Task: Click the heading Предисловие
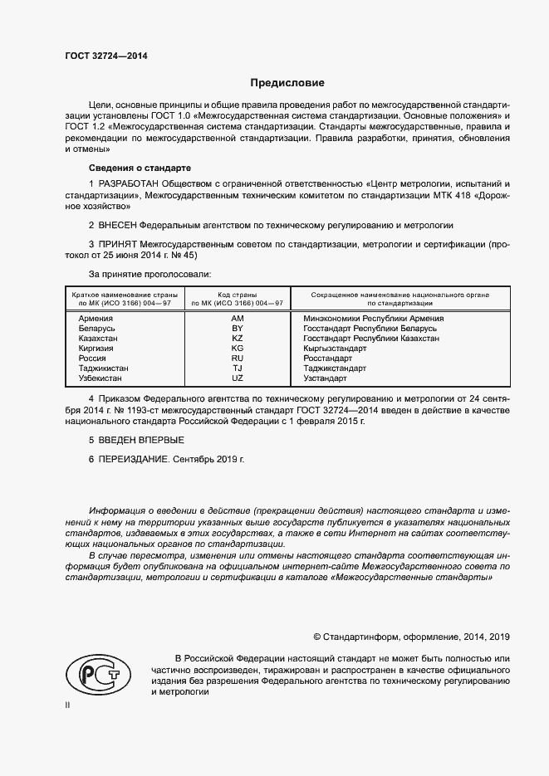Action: tap(288, 83)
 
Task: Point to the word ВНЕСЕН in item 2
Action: tap(117, 225)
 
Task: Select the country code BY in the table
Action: tap(237, 329)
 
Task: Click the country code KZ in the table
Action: tap(237, 339)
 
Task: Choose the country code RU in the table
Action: tap(237, 358)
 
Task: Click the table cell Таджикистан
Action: tap(104, 368)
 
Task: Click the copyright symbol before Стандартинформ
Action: tap(317, 637)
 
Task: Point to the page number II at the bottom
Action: tap(67, 705)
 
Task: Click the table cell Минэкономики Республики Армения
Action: tap(374, 318)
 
